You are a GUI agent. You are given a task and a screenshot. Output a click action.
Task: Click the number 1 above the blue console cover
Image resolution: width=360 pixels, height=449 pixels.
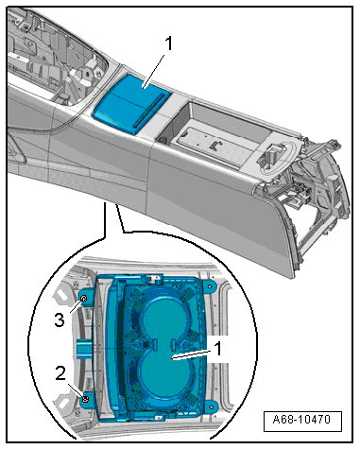point(169,43)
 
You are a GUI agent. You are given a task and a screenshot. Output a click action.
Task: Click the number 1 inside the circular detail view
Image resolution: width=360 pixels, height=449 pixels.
point(217,349)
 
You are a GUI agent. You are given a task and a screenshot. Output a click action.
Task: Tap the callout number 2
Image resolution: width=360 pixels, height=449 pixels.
point(60,373)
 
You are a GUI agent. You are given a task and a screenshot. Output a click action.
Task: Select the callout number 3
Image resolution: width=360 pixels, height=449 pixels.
point(60,319)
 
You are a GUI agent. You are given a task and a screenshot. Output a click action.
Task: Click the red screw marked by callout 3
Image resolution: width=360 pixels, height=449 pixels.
point(84,299)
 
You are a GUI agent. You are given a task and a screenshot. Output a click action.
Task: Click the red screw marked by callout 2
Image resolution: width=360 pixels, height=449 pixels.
point(85,400)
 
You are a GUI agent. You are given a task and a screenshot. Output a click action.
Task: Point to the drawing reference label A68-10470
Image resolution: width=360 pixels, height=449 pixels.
point(301,420)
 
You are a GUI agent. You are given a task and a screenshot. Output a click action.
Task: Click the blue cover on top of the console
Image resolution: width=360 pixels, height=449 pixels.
point(132,105)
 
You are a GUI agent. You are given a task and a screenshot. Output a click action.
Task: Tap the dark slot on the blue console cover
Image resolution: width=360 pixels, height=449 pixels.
point(149,111)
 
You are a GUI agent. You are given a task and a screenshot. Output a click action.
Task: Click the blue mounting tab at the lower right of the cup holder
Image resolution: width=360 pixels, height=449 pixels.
point(211,406)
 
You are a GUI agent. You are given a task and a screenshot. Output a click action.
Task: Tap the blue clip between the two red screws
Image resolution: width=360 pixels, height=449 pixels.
point(84,350)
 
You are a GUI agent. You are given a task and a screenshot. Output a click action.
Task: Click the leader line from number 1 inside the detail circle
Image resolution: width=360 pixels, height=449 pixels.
point(193,354)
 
